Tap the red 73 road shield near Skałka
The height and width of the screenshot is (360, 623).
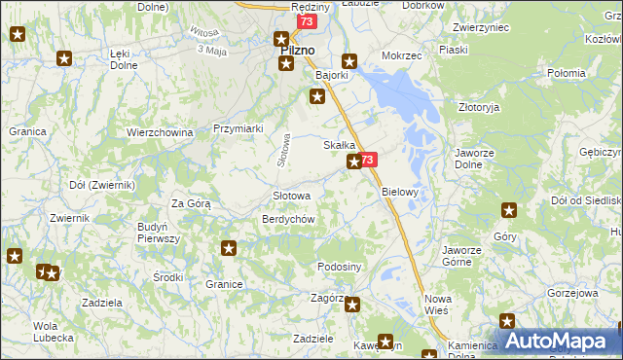point(367,160)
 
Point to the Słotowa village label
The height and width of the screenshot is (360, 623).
point(291,196)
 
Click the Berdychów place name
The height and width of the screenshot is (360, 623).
point(287,220)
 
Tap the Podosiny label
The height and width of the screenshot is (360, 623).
point(340,267)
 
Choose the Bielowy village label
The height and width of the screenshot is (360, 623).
point(399,192)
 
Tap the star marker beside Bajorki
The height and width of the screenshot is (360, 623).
point(317,95)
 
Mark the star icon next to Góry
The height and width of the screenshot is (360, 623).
point(508,209)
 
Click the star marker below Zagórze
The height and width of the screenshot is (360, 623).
point(352,306)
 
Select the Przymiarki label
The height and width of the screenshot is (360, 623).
point(238,127)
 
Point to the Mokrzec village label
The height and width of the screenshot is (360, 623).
point(402,56)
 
